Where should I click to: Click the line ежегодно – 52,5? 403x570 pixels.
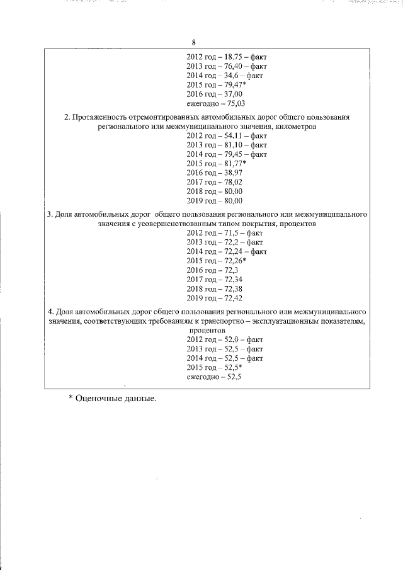click(x=215, y=377)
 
